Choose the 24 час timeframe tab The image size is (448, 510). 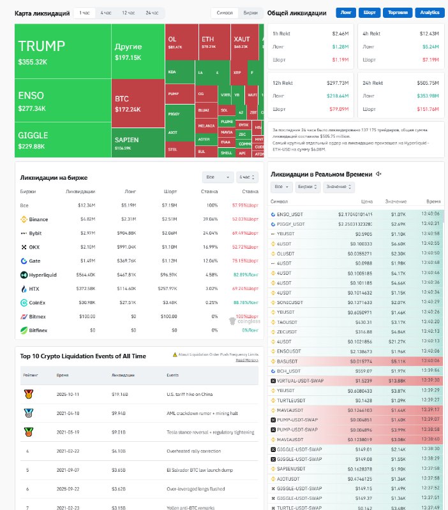(152, 13)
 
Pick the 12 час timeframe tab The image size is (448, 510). (128, 13)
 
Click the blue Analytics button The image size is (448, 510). (429, 12)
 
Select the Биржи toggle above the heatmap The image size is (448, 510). (251, 13)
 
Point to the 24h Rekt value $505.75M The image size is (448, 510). (428, 83)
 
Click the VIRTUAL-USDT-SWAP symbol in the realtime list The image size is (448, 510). (300, 381)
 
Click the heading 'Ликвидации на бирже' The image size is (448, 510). (54, 177)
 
